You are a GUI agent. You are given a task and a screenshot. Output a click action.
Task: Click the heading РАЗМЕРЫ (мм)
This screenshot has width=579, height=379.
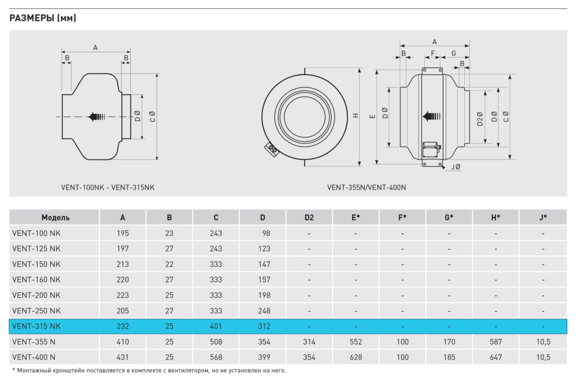tap(43, 18)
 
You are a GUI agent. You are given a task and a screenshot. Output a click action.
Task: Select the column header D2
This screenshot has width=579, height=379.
tap(309, 217)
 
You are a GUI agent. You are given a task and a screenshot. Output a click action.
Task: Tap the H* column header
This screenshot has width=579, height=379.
tap(496, 217)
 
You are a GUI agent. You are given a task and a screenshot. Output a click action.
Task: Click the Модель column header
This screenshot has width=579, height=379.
tap(55, 217)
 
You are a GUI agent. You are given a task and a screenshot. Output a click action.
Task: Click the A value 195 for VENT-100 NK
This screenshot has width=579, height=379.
tap(123, 233)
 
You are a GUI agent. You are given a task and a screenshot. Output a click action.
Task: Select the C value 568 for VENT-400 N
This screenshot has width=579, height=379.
tap(216, 357)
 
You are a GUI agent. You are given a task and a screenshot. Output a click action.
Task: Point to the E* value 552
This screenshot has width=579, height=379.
tap(356, 342)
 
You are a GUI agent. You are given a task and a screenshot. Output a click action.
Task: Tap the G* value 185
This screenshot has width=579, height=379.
tap(449, 357)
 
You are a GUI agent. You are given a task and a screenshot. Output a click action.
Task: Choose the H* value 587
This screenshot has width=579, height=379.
tap(496, 342)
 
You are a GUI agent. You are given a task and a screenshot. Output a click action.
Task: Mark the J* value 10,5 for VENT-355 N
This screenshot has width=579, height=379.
tap(543, 342)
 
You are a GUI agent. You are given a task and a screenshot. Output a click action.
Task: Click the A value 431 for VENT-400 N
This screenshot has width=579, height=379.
tap(123, 357)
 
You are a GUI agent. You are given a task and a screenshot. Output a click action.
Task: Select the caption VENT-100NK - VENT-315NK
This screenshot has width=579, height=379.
tap(108, 187)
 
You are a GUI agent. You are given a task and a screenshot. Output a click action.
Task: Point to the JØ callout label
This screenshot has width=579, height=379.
tap(456, 168)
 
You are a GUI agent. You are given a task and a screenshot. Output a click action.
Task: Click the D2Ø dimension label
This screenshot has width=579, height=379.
tap(479, 119)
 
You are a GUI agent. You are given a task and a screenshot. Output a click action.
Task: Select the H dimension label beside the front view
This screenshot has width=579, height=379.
tap(356, 115)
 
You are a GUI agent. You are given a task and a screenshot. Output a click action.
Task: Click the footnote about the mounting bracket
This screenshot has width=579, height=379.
tap(149, 370)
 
